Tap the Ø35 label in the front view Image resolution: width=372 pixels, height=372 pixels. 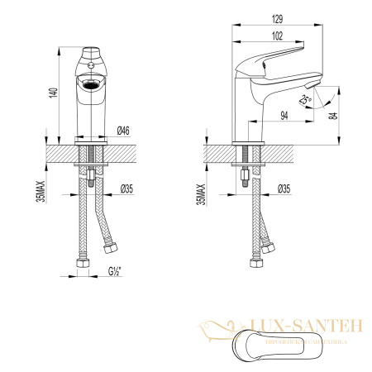[x=126, y=189]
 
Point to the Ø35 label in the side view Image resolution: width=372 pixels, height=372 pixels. [x=283, y=189]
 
